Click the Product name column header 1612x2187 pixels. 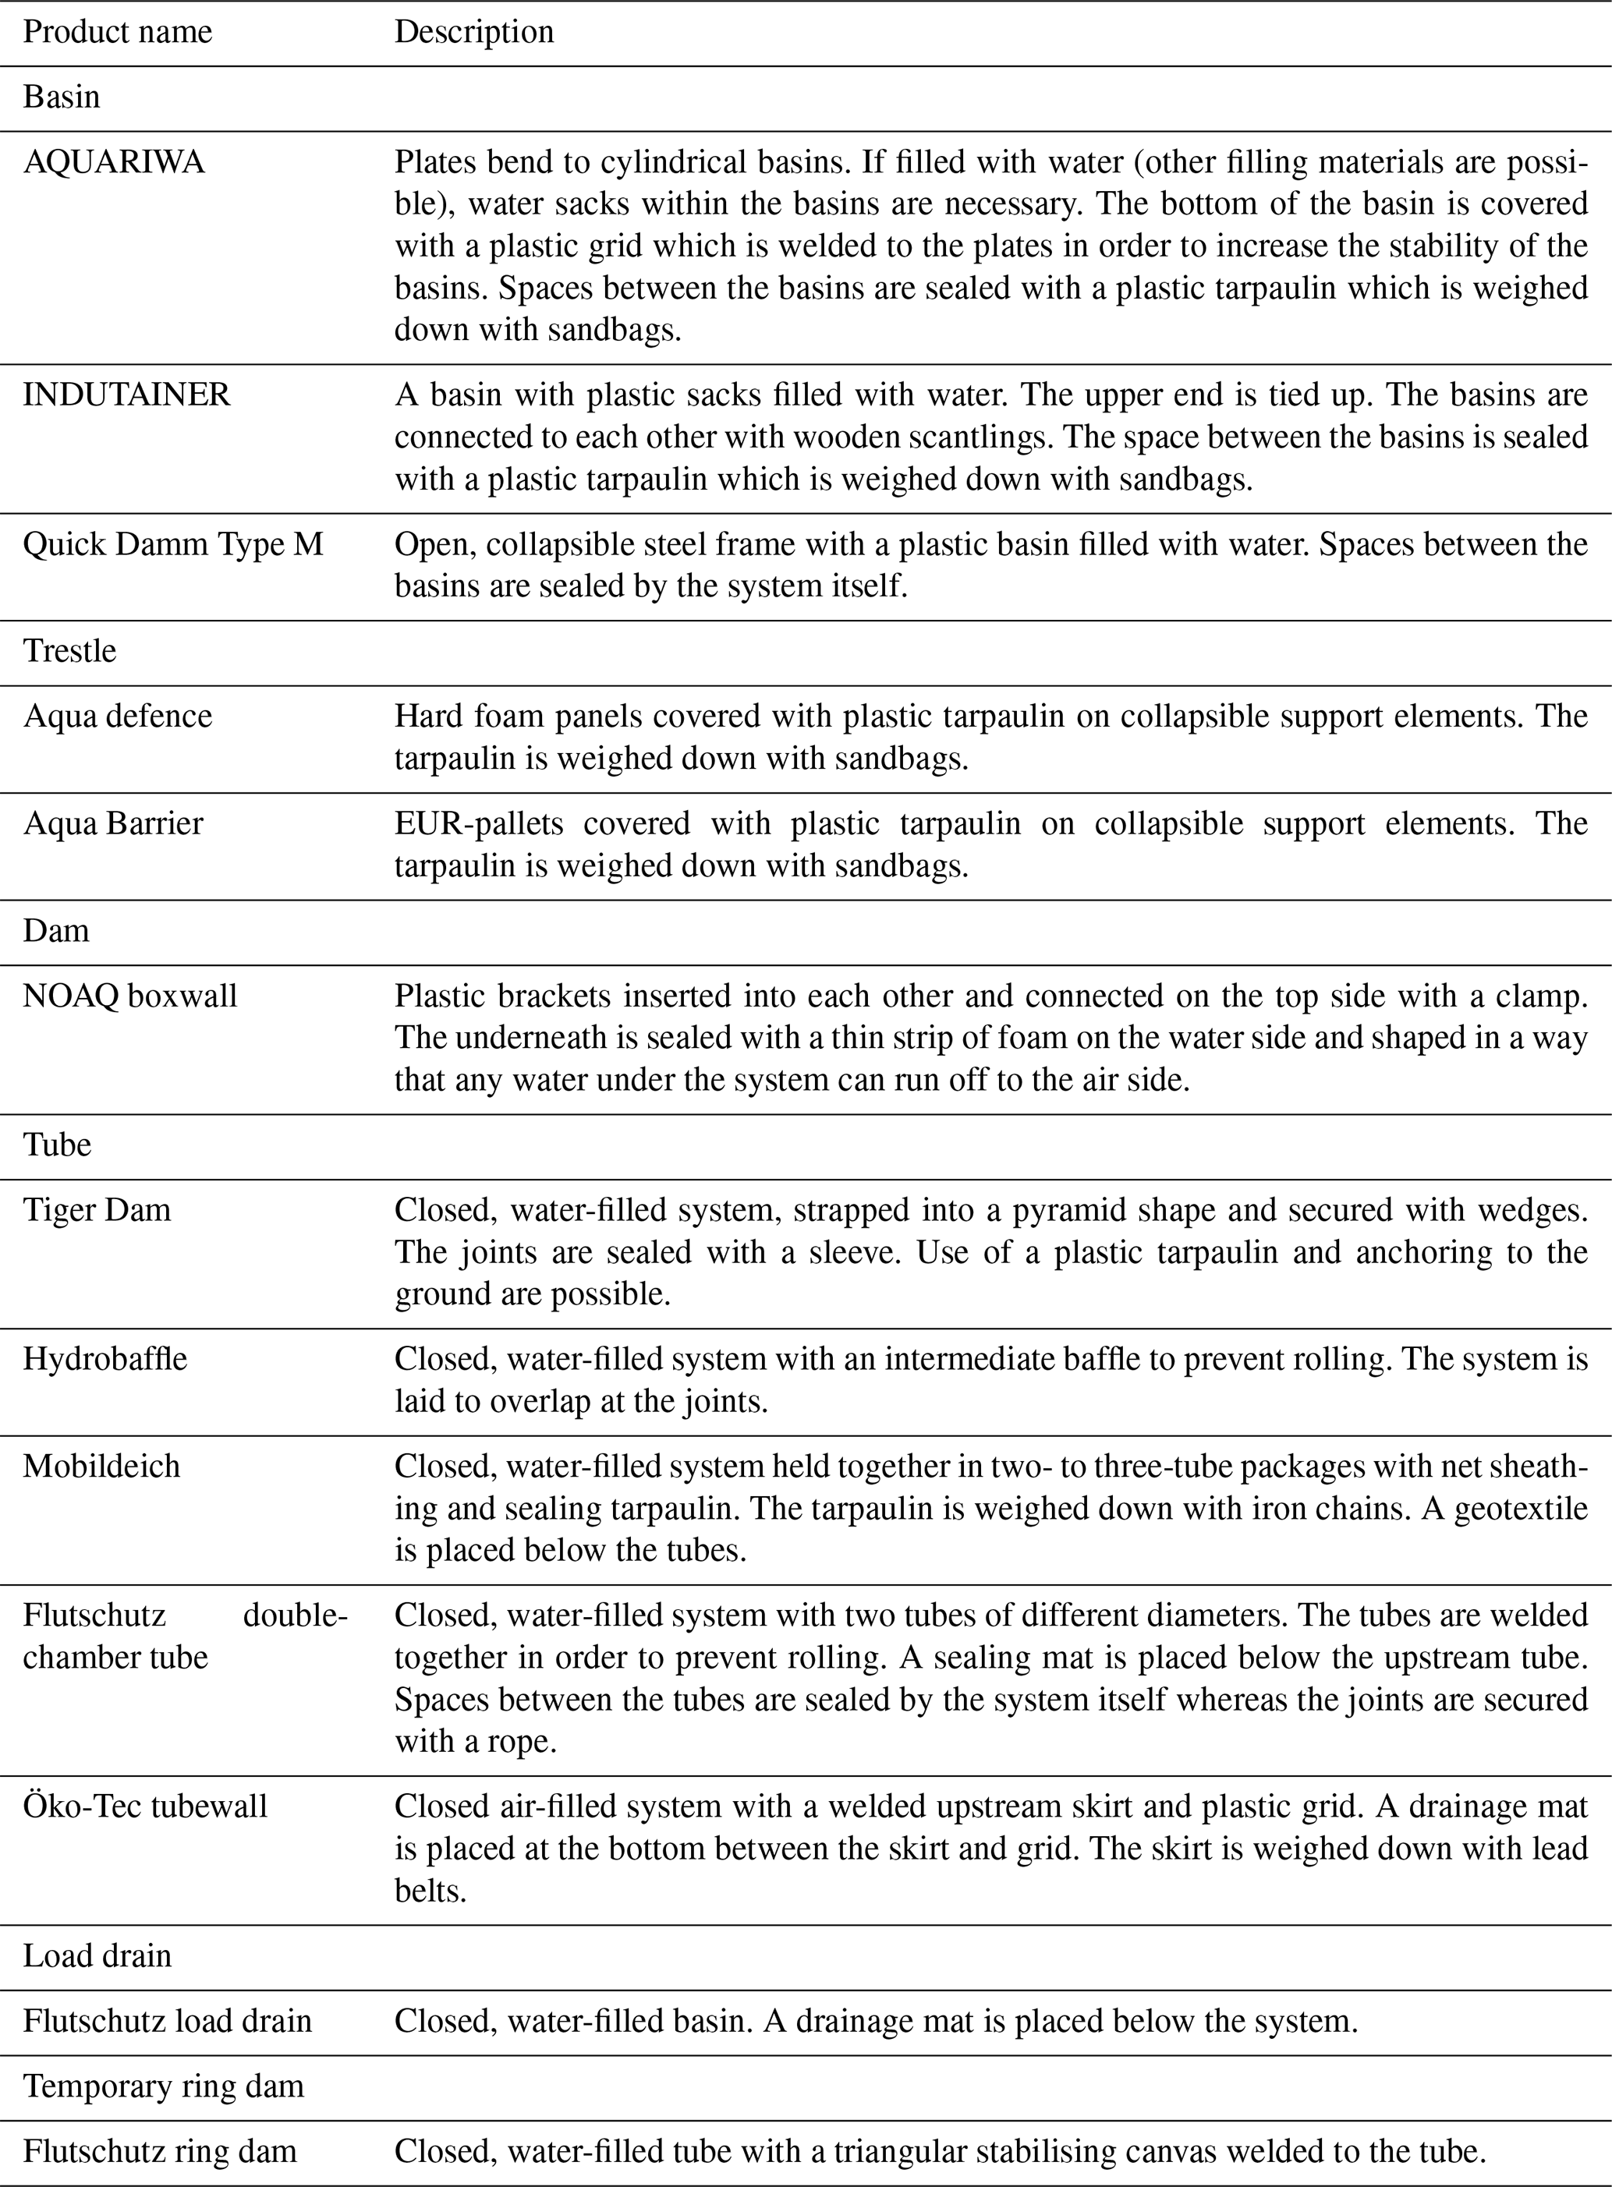117,32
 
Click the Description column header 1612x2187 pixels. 473,32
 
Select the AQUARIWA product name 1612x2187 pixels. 114,162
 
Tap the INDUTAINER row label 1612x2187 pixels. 127,395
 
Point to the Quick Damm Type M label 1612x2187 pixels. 172,544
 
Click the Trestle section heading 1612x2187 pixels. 69,650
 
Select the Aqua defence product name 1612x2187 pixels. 117,716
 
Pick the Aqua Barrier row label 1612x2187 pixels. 113,823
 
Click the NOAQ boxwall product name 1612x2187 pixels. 129,996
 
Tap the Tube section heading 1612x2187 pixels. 57,1145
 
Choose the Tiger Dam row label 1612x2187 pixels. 97,1209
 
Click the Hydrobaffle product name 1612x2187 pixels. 105,1359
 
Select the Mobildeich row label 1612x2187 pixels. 101,1466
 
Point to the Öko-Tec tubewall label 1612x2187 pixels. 144,1806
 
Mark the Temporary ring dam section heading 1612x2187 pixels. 163,2086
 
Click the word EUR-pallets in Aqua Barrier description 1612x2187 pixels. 478,823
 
